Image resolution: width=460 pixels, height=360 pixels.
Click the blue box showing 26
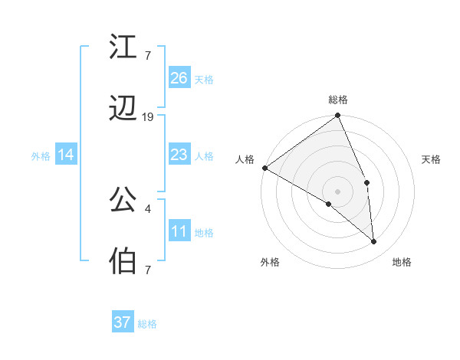(x=179, y=78)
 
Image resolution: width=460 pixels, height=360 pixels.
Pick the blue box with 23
(x=179, y=155)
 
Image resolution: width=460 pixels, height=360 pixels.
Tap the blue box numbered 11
(x=179, y=231)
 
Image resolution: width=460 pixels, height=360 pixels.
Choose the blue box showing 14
(x=66, y=155)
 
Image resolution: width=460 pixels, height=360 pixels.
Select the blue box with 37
(x=123, y=322)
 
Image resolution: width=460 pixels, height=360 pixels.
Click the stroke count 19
(x=148, y=117)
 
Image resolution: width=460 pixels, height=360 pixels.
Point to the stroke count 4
(x=148, y=207)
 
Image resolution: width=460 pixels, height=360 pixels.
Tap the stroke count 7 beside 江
(x=148, y=55)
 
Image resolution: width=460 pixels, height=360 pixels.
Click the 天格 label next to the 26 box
(x=204, y=79)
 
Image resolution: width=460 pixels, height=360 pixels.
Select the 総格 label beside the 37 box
(x=147, y=324)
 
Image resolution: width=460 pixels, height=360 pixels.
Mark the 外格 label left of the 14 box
(x=41, y=155)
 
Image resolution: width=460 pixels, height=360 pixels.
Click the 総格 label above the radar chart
(x=338, y=100)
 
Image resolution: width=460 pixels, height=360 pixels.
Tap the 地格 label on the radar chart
(x=402, y=262)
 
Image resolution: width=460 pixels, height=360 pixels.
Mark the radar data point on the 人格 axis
(x=264, y=168)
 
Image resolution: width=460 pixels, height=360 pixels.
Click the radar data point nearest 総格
(x=338, y=116)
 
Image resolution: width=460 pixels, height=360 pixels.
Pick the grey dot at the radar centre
(x=338, y=191)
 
